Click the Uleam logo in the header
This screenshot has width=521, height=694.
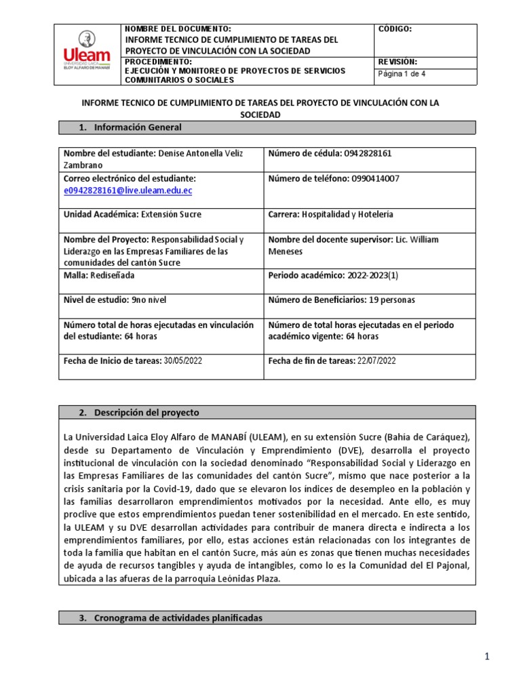click(x=86, y=54)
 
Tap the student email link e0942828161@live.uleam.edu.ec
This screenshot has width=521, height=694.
click(x=128, y=191)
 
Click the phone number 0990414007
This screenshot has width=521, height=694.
click(x=375, y=178)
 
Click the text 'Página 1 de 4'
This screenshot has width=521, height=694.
click(x=402, y=74)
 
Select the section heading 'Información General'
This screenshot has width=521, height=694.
click(x=138, y=127)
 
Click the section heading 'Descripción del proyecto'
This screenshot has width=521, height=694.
click(x=147, y=412)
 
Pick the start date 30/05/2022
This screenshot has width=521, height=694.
click(x=183, y=361)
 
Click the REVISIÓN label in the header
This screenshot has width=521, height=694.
click(x=398, y=62)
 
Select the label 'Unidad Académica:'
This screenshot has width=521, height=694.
click(x=100, y=214)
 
